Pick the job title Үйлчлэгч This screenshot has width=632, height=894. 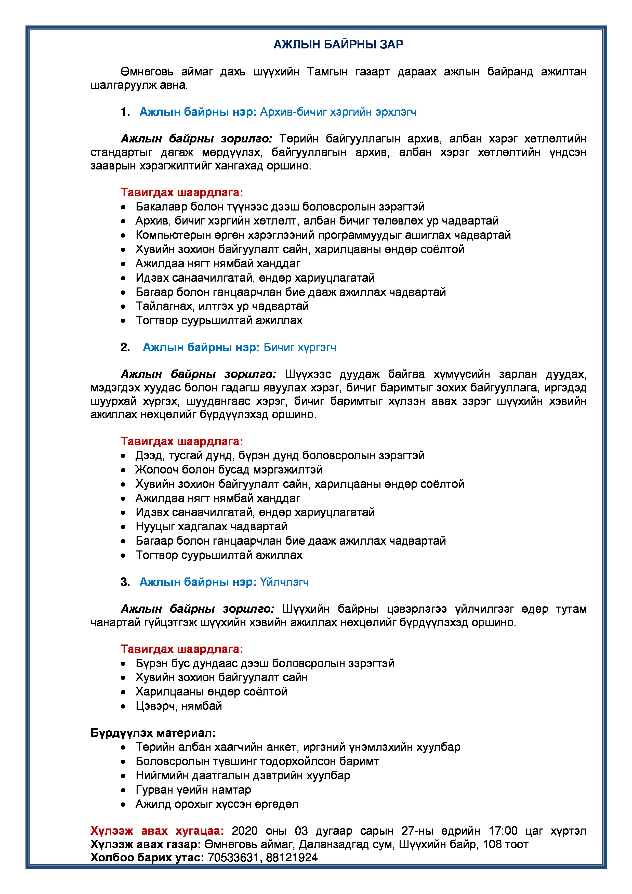pyautogui.click(x=284, y=582)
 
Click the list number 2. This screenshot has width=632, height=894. pyautogui.click(x=125, y=347)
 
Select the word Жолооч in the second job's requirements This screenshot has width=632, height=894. pyautogui.click(x=157, y=470)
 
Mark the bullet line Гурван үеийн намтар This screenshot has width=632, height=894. pyautogui.click(x=193, y=790)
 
